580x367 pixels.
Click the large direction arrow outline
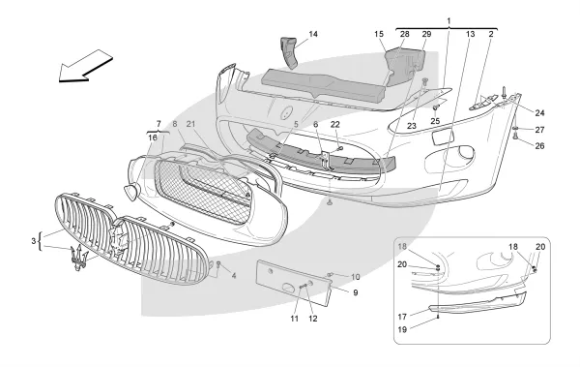(x=86, y=66)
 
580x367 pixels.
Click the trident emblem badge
(x=79, y=258)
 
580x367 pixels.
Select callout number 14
(x=313, y=34)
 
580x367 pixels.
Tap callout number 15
(x=378, y=34)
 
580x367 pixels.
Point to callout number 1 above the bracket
(x=449, y=20)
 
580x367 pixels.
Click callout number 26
(x=539, y=145)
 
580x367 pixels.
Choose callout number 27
(x=539, y=130)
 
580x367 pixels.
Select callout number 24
(x=539, y=113)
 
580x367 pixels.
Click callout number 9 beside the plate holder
(x=356, y=292)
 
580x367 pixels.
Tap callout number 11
(x=295, y=319)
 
